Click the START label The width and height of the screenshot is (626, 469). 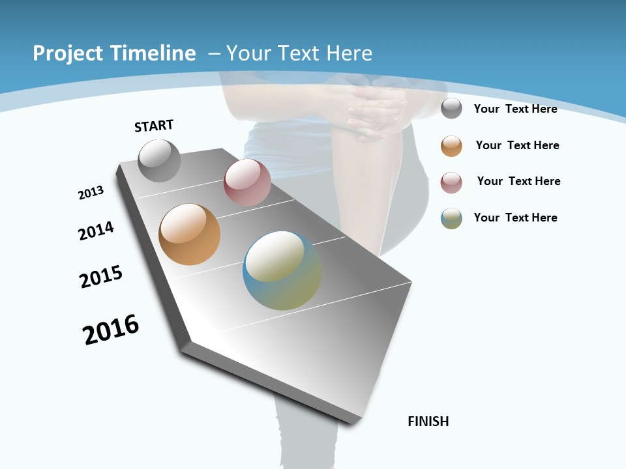point(154,126)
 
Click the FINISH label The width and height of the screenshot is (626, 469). point(428,421)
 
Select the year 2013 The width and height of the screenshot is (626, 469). point(91,193)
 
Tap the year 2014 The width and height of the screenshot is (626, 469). point(96,231)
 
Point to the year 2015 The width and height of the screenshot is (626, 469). point(101,277)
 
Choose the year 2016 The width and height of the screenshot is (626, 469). point(111,330)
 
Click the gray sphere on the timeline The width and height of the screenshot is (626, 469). point(159,161)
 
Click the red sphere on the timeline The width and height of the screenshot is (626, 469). point(247,182)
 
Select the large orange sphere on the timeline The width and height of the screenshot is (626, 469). point(189,234)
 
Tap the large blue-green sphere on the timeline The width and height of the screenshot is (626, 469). point(282,270)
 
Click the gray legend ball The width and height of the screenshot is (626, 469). point(451,108)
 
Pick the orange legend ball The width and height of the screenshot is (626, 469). point(451,146)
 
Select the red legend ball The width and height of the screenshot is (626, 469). point(451,182)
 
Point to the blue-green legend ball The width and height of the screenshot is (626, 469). point(451,218)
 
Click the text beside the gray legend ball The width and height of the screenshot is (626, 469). point(515,109)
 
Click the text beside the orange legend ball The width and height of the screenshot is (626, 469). point(517,145)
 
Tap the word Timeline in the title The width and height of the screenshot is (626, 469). point(155,53)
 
